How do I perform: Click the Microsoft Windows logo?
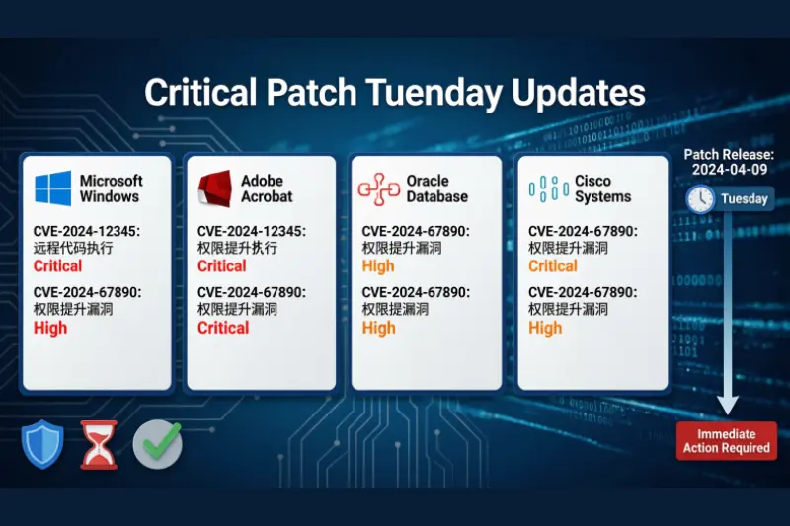(53, 188)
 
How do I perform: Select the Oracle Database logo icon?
(378, 188)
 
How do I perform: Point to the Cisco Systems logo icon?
(547, 188)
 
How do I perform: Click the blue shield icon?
(42, 444)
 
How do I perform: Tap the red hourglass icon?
(98, 445)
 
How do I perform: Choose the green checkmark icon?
(157, 444)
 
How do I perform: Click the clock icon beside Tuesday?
(701, 198)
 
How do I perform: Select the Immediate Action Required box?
(727, 441)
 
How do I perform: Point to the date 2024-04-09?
(728, 170)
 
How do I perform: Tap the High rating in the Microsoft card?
(50, 328)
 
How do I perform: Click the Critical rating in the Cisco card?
(553, 266)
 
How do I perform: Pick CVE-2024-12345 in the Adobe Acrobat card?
(251, 231)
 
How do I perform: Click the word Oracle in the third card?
(428, 181)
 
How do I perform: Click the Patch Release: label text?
(728, 154)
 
